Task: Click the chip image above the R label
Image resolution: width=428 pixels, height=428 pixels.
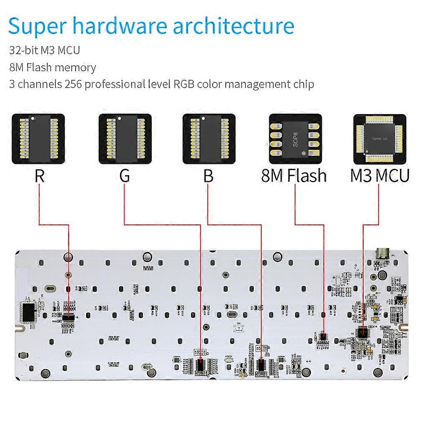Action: click(x=38, y=139)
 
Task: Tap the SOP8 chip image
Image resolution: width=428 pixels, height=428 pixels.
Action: click(x=295, y=139)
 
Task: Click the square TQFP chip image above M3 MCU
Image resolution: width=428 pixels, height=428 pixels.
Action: click(x=380, y=139)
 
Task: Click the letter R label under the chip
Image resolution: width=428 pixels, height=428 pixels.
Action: click(x=39, y=176)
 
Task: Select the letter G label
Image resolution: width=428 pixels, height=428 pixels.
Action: click(x=125, y=176)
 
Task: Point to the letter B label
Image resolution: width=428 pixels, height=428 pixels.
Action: click(x=208, y=176)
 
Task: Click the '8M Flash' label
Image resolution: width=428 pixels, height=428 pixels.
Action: click(x=294, y=176)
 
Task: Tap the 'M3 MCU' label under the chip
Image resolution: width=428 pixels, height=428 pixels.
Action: click(x=380, y=176)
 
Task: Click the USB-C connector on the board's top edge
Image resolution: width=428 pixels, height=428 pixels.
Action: click(x=383, y=253)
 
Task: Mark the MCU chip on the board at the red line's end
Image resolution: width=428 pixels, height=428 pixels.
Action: click(x=362, y=332)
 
